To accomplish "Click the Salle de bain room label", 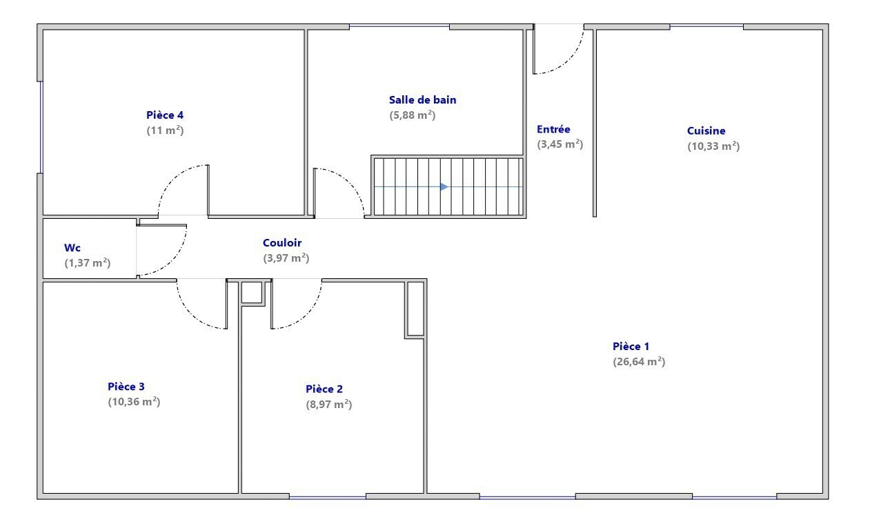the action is [422, 100].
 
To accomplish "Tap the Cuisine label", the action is [706, 131].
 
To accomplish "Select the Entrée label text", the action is [553, 129].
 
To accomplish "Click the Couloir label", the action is [282, 243].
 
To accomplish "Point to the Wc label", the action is [72, 248].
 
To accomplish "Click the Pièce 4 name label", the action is [165, 115].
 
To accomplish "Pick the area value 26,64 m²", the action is [639, 362].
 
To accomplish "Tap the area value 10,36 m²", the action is [134, 402].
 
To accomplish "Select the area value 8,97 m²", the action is [329, 405].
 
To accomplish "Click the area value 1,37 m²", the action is [88, 263].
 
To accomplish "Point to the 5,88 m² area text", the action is [413, 115].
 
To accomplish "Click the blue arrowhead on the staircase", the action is [444, 187].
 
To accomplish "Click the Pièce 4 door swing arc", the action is [171, 179].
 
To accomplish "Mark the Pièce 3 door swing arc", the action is [190, 315].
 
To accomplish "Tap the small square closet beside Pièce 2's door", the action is [252, 292].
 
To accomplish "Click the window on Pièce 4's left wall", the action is [41, 128].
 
